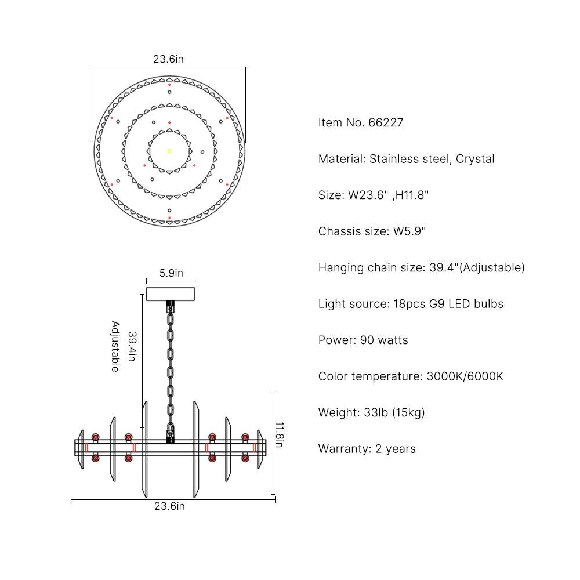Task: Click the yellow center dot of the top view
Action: click(x=169, y=151)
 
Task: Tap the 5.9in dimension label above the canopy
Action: click(x=171, y=273)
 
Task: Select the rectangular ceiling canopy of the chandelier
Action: click(x=171, y=294)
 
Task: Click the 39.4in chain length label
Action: click(x=132, y=346)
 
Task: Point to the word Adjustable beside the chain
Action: click(x=115, y=346)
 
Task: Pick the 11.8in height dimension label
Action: click(x=280, y=434)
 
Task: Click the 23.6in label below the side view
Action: click(x=169, y=506)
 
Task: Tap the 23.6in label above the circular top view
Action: click(x=168, y=59)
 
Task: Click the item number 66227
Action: click(x=386, y=122)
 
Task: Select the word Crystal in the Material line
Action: click(x=475, y=159)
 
